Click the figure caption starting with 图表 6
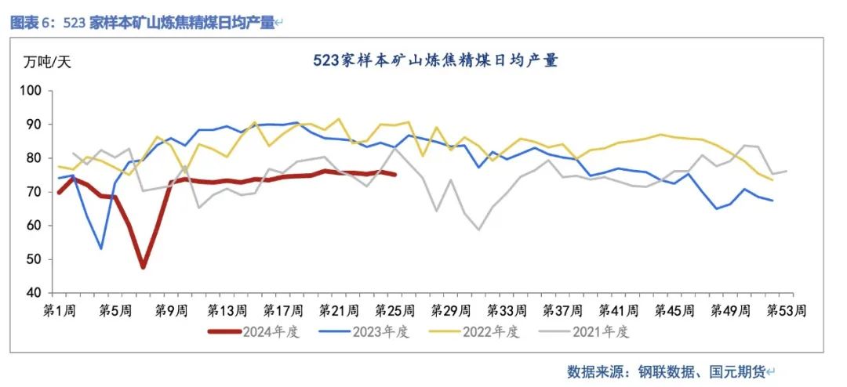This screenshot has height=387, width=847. tap(143, 23)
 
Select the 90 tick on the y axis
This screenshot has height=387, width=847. tap(33, 125)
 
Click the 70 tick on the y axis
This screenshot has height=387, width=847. tap(33, 192)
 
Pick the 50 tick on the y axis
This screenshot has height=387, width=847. tap(33, 259)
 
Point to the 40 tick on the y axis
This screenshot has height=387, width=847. tap(33, 293)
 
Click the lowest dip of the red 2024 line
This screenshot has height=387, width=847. tap(144, 267)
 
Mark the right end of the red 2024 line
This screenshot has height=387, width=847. tap(394, 175)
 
